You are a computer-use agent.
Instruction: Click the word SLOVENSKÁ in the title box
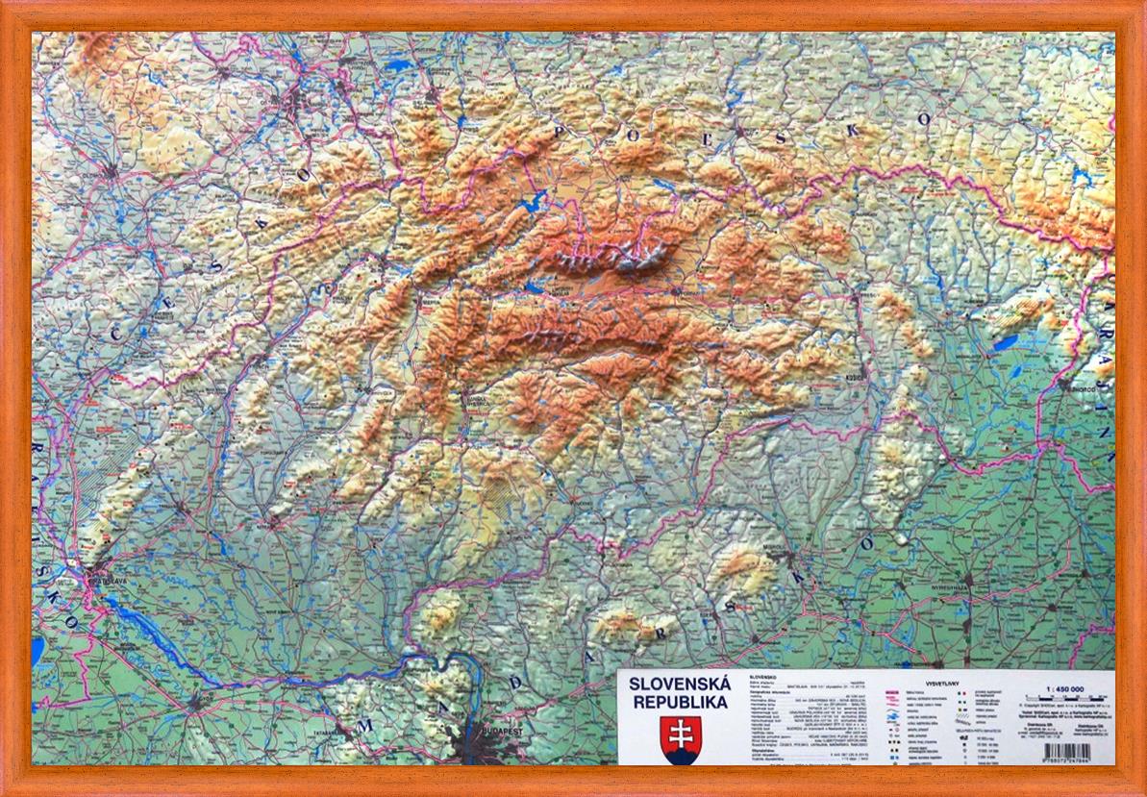[x=678, y=685]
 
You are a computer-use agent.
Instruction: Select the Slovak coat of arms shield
[x=681, y=737]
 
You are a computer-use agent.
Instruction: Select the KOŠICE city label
[x=855, y=377]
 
